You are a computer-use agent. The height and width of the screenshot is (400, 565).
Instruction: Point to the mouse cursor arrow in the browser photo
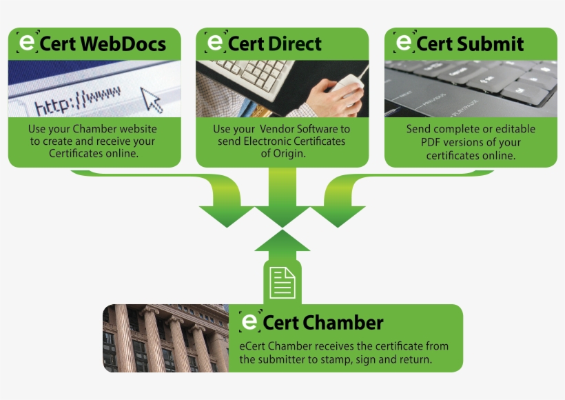[152, 99]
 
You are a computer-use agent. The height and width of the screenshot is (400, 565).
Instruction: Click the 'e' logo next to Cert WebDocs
[26, 43]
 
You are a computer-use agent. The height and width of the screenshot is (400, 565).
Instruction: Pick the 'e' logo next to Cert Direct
[215, 43]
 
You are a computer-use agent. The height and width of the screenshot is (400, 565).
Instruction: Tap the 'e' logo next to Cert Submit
[402, 43]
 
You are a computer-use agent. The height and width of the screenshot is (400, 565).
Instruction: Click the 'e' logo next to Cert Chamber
[249, 321]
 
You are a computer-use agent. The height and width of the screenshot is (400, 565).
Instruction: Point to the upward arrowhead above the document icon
[282, 241]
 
